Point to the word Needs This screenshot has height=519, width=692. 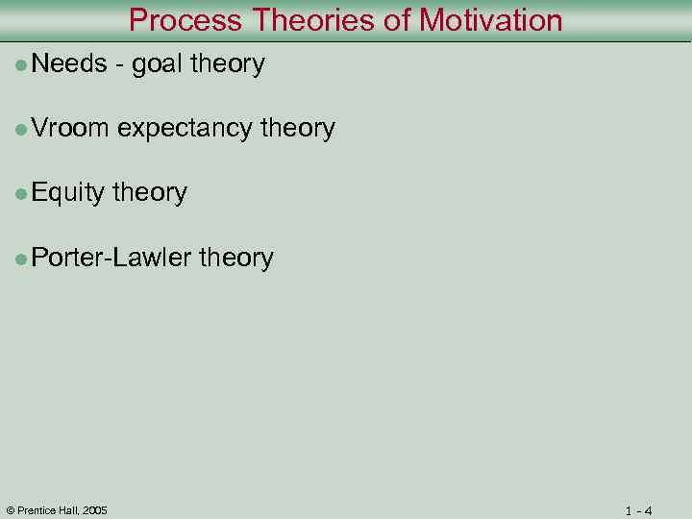[x=68, y=64]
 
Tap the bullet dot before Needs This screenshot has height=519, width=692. [x=21, y=65]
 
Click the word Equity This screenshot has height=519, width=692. [x=67, y=193]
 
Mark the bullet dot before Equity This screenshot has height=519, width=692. [x=21, y=193]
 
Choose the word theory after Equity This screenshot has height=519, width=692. [x=150, y=193]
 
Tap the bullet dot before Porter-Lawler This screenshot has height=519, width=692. [x=21, y=258]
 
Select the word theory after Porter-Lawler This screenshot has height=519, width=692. [x=235, y=258]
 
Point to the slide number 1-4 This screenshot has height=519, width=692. [x=638, y=510]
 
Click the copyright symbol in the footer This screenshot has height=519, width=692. [x=10, y=509]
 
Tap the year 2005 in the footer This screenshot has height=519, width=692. [x=95, y=509]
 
